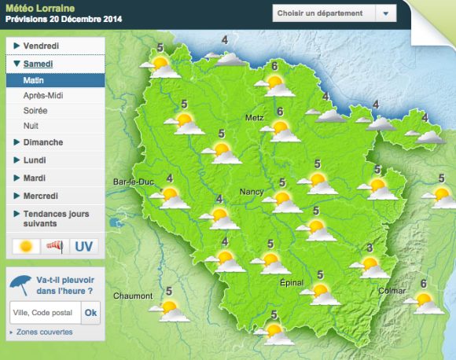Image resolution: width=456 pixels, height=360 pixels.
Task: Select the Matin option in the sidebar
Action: pos(34,80)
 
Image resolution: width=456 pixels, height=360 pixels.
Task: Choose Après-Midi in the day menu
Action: pos(44,95)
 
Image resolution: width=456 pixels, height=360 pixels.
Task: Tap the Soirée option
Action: pos(36,111)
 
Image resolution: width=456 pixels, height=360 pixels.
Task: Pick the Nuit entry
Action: pos(31,126)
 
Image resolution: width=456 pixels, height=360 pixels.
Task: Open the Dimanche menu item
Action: pos(43,142)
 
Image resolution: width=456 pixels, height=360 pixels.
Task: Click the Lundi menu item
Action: pos(35,160)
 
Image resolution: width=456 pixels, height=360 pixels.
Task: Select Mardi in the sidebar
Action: pos(35,178)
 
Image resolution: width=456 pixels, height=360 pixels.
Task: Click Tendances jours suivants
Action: pos(56,218)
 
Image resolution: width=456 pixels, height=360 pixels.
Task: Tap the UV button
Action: pos(83,246)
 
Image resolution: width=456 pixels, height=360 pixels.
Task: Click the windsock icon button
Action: pos(55,246)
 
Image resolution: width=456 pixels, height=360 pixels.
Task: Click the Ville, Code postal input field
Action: pos(44,313)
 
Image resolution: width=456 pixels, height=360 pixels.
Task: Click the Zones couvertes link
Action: pos(44,332)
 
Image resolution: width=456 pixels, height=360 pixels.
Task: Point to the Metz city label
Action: pos(254,118)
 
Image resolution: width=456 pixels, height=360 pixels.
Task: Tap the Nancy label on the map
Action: pos(251,192)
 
